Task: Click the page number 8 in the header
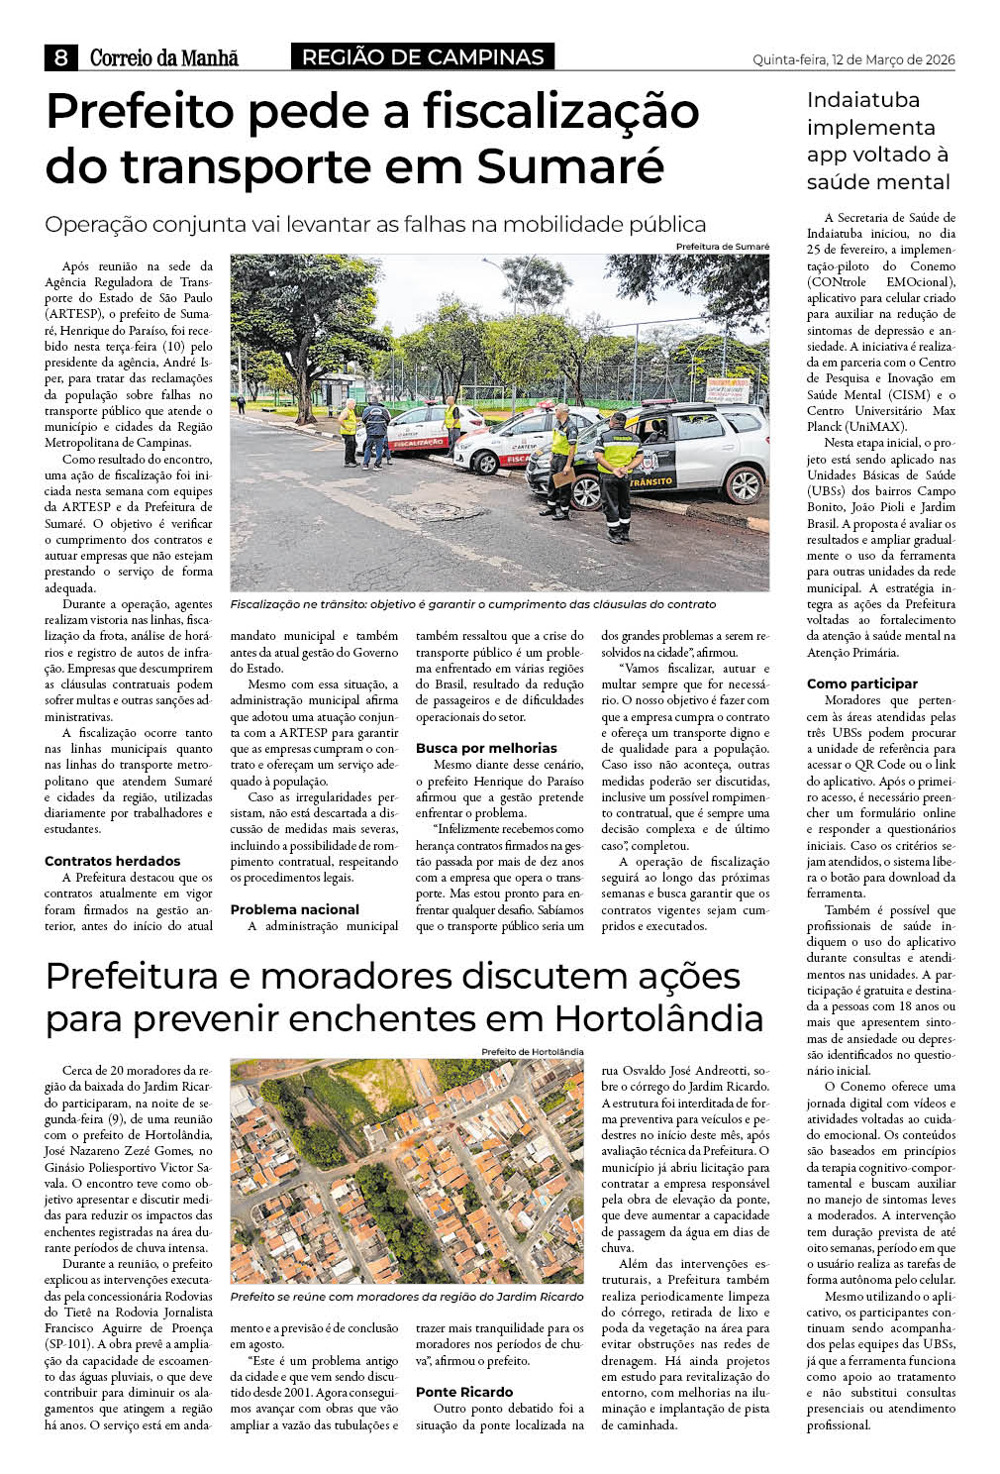click(x=60, y=57)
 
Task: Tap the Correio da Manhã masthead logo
click(x=164, y=58)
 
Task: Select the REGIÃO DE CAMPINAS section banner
click(x=423, y=57)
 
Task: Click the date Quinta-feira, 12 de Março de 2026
click(x=853, y=59)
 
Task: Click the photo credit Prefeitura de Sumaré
click(x=722, y=247)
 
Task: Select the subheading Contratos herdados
click(x=113, y=861)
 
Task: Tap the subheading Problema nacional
click(x=295, y=909)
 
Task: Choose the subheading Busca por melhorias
click(x=486, y=748)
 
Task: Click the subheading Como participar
click(x=862, y=684)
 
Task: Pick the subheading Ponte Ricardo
click(x=464, y=1392)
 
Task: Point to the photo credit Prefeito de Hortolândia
click(x=532, y=1052)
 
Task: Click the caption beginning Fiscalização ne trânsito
click(x=472, y=604)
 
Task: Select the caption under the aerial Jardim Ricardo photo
click(x=407, y=1297)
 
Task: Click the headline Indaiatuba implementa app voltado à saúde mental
click(x=878, y=141)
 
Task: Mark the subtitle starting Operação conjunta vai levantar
click(x=375, y=224)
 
